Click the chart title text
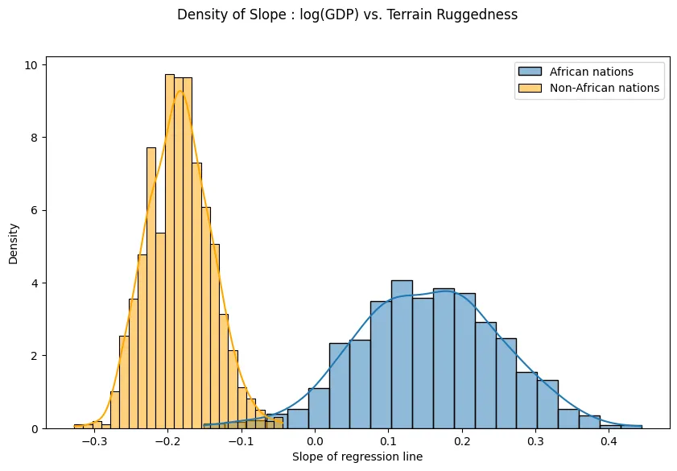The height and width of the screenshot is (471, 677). coord(347,14)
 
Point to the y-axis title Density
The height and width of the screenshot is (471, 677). coord(14,243)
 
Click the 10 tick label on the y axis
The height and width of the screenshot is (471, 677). coord(31,64)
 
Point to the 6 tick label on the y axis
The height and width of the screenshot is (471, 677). coord(35,210)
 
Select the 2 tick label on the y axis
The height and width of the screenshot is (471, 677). coord(35,356)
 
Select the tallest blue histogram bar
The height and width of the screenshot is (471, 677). coord(402,354)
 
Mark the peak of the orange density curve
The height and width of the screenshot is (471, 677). coord(182,91)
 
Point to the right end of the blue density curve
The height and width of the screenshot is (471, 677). coord(642,426)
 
